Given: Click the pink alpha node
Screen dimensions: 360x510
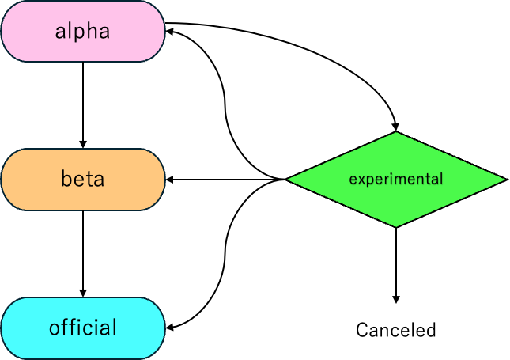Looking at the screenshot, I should (83, 32).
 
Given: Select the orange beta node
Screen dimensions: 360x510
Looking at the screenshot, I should (83, 180).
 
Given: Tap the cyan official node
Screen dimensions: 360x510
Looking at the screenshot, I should (83, 328).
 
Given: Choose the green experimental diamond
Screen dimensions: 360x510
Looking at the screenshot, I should (395, 180).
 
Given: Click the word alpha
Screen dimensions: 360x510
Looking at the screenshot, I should (82, 32).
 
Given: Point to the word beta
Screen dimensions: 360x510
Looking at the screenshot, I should (82, 180).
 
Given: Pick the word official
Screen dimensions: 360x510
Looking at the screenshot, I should (83, 328).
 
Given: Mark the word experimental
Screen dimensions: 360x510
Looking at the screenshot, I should (395, 180).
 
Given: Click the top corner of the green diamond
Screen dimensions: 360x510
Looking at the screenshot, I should (395, 134).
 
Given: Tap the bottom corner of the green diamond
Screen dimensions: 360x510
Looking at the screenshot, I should (395, 225).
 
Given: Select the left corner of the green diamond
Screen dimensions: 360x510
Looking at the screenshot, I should (289, 180).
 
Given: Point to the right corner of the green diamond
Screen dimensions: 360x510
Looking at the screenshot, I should (504, 180).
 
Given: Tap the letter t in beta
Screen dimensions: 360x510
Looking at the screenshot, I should (89, 180).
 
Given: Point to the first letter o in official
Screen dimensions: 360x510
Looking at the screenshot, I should (55, 328).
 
